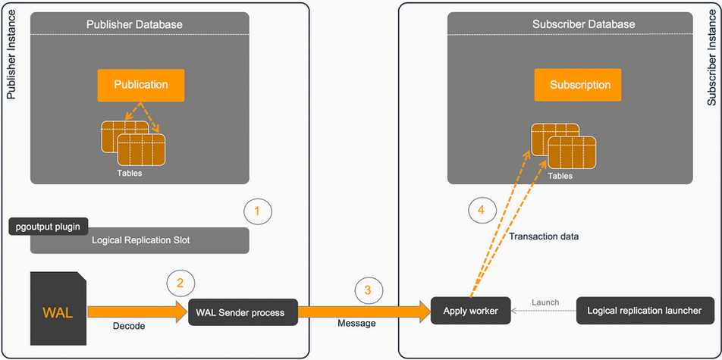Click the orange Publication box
pos(141,85)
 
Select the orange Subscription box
pos(578,85)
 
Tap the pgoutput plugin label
pos(49,227)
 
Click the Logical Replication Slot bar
pos(140,240)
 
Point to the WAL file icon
pos(58,308)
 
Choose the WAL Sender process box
pos(243,312)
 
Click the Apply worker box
pos(470,311)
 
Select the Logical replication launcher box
pos(644,311)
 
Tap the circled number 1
pos(258,211)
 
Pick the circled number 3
pos(369,290)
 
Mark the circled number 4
pos(482,211)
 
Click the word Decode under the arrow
pos(129,326)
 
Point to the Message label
pos(356,323)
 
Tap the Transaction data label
pos(543,236)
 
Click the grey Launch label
pos(545,302)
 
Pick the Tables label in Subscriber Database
pos(560,176)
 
